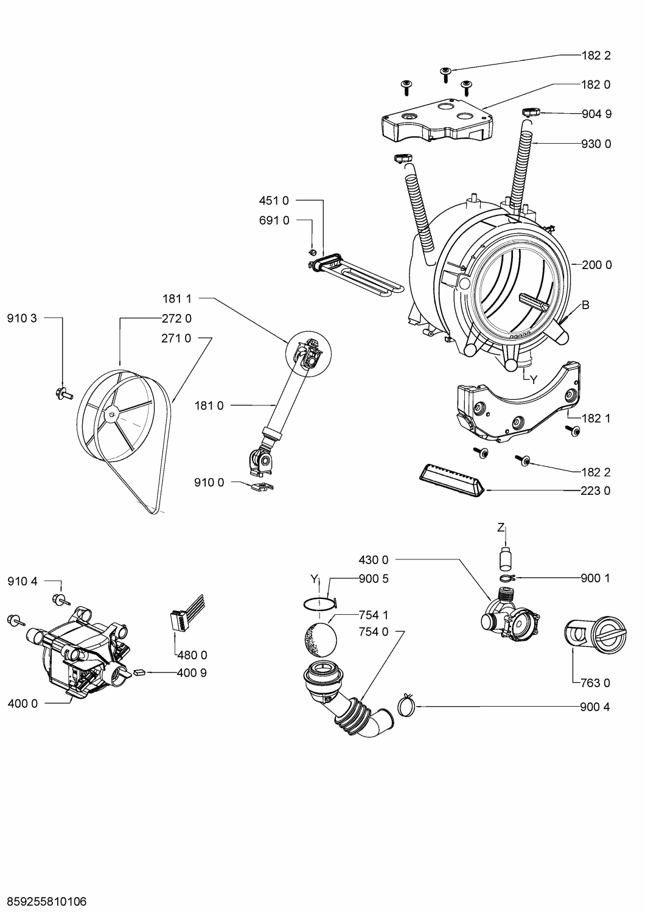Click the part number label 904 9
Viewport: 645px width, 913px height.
(596, 114)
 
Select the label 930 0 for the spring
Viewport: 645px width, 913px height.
(596, 144)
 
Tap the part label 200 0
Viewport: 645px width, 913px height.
(596, 265)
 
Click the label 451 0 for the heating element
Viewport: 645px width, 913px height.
(274, 200)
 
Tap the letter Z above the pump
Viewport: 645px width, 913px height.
(501, 528)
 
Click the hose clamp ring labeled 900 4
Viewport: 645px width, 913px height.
(406, 705)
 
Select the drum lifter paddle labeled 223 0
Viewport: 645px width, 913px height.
(451, 480)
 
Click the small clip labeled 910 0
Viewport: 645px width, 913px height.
(260, 485)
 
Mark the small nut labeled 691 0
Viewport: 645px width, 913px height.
(312, 253)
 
